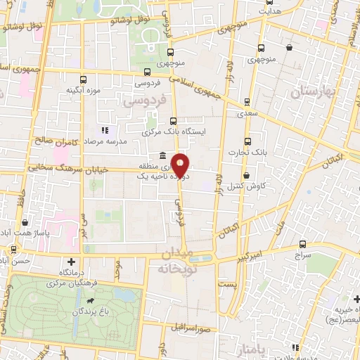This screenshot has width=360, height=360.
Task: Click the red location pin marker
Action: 181,165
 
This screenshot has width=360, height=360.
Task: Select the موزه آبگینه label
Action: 81,91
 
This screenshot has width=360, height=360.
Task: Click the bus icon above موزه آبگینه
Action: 84,79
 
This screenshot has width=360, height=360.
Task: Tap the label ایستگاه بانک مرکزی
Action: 171,131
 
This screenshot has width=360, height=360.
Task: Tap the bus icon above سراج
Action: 302,245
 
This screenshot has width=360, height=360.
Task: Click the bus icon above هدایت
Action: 266,3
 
